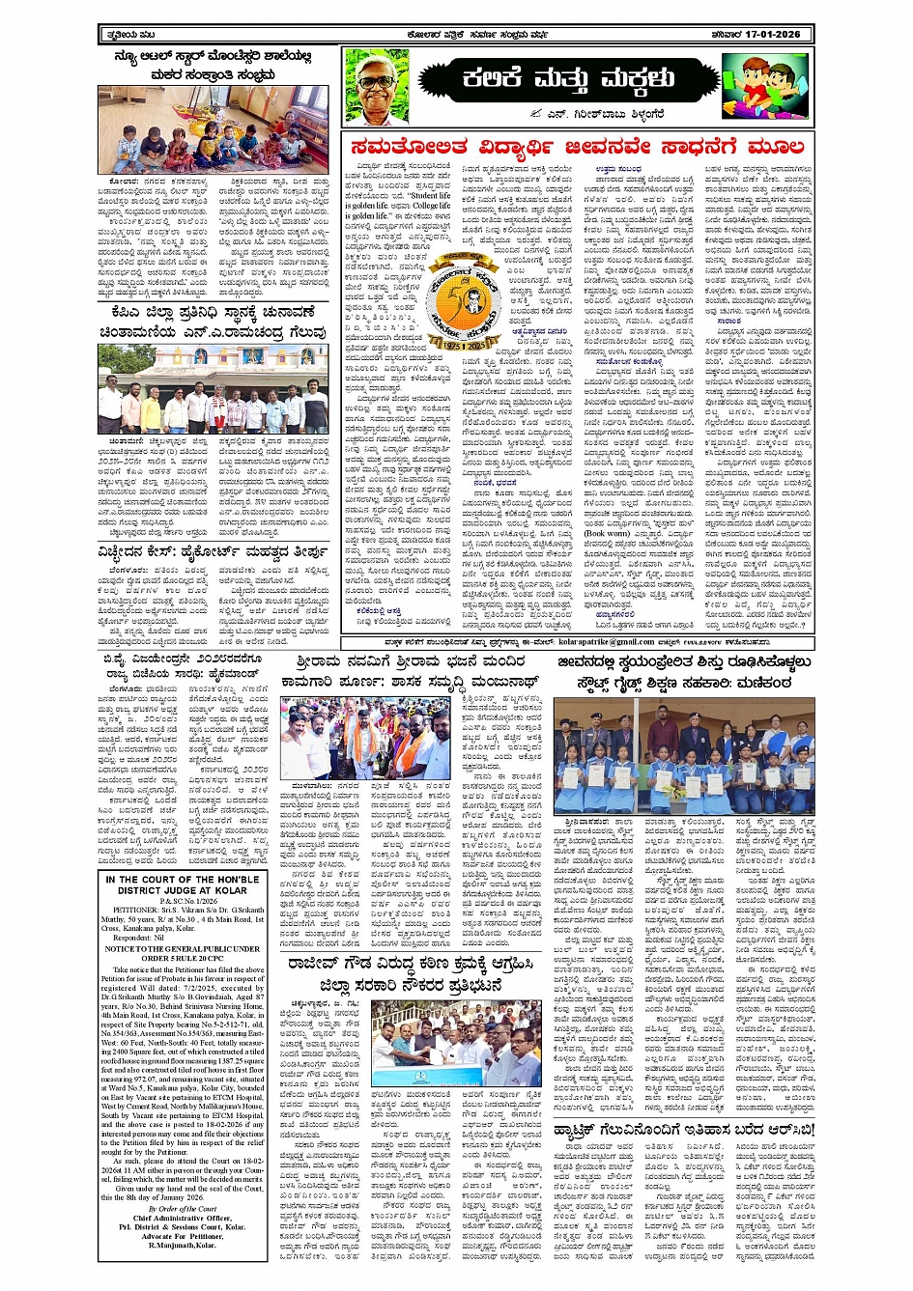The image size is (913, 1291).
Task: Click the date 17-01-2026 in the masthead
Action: pyautogui.click(x=769, y=35)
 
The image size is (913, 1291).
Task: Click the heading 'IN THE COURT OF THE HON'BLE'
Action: pyautogui.click(x=183, y=880)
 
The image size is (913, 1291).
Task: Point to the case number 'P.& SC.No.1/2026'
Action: pyautogui.click(x=183, y=901)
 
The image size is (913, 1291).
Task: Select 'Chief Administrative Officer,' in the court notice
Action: pyautogui.click(x=183, y=1219)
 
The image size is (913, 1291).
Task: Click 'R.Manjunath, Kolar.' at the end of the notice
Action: pyautogui.click(x=183, y=1246)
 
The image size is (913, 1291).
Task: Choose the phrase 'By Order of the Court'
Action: pyautogui.click(x=183, y=1209)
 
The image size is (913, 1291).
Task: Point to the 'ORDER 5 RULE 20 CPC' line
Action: pyautogui.click(x=183, y=957)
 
